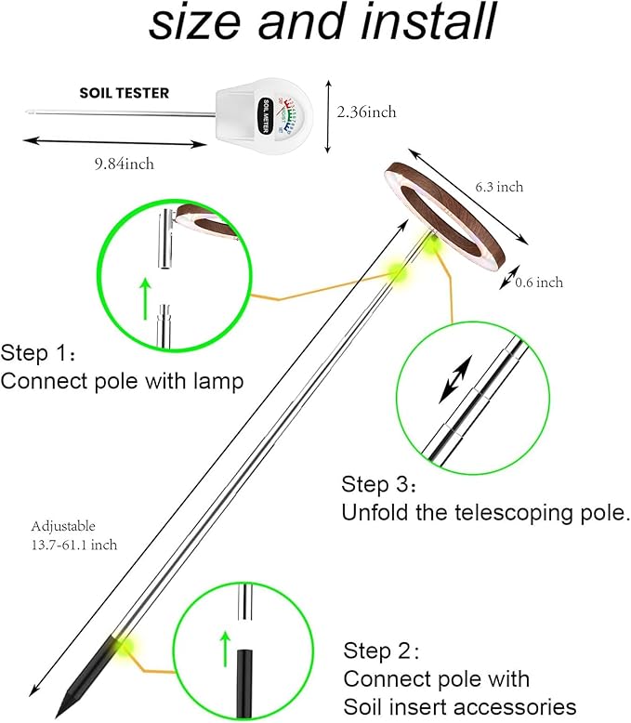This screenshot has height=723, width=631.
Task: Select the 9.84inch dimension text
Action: tap(124, 164)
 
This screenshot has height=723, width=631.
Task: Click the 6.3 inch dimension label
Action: tap(499, 187)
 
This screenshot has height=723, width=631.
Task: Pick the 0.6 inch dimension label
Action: tap(539, 283)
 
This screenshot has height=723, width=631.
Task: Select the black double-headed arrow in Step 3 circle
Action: tap(455, 383)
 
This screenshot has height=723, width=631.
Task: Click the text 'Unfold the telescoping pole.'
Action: tap(486, 512)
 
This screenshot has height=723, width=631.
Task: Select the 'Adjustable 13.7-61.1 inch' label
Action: tap(74, 535)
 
